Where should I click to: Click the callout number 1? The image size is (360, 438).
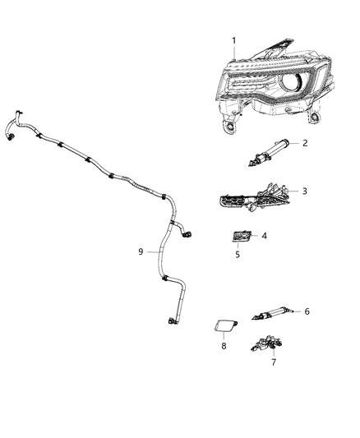pyautogui.click(x=233, y=40)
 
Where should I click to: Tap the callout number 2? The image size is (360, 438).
pyautogui.click(x=305, y=143)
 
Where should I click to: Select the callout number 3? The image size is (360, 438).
pyautogui.click(x=305, y=191)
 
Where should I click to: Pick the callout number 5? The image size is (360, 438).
pyautogui.click(x=237, y=255)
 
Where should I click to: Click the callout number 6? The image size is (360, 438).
pyautogui.click(x=307, y=311)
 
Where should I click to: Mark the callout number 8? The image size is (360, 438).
pyautogui.click(x=223, y=346)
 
